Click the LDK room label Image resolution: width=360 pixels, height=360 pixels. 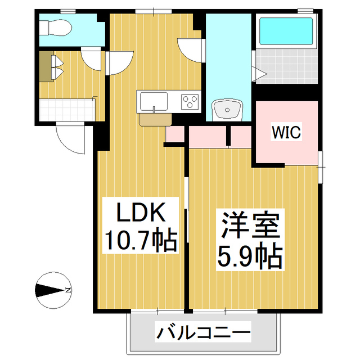(140, 214)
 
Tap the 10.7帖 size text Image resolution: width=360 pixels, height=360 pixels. (140, 240)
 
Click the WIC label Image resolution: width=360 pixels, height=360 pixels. (287, 133)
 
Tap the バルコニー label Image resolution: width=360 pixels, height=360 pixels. (203, 333)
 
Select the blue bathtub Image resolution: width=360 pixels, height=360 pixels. (286, 33)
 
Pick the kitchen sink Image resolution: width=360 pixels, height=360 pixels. (154, 102)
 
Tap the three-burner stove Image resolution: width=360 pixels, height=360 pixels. (190, 102)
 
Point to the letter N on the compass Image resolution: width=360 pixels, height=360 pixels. (67, 290)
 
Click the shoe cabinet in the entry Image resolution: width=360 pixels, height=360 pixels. (46, 66)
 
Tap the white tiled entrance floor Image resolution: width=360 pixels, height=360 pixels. (66, 108)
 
